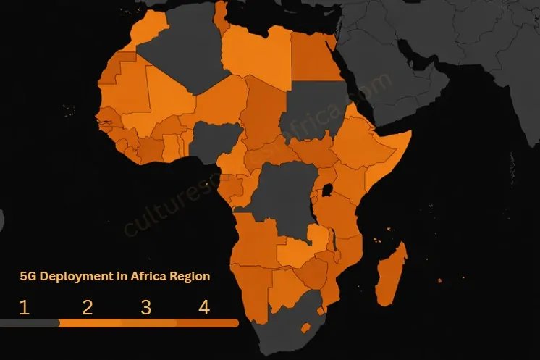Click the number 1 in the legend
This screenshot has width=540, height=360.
[24, 307]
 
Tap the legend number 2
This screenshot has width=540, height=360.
[88, 307]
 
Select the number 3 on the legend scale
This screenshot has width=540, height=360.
[145, 307]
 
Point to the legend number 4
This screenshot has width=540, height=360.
[203, 307]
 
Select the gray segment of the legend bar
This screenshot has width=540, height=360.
[29, 323]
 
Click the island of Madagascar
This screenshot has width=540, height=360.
[392, 272]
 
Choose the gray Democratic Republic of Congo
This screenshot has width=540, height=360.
[279, 196]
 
